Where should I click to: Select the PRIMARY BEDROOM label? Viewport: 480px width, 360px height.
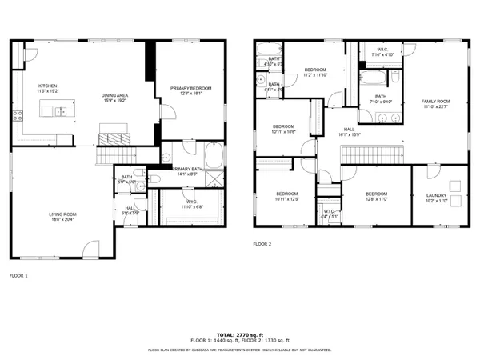(190, 88)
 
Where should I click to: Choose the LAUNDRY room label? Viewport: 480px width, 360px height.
(436, 194)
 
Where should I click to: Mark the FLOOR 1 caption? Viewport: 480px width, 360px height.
(18, 275)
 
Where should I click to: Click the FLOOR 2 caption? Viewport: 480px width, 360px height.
(262, 243)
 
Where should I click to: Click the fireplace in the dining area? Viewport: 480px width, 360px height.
(113, 133)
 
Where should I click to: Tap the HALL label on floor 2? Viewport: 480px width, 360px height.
(349, 129)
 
